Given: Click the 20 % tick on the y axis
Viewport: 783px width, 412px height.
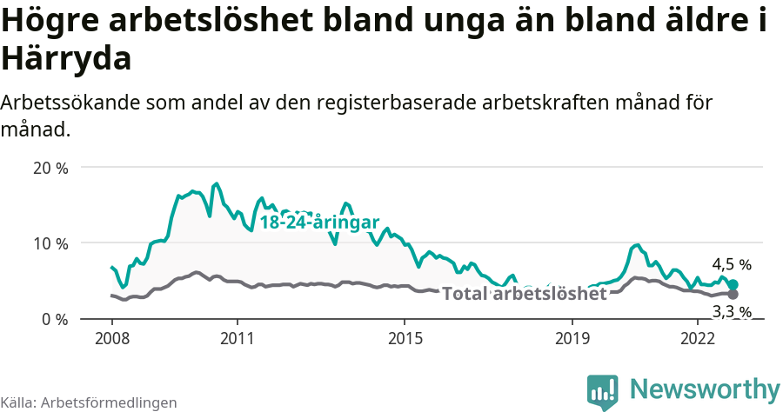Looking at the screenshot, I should tap(50, 168).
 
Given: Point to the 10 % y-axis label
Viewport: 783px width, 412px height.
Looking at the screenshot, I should tap(50, 243).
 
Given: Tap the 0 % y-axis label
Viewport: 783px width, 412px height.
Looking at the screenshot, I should tap(54, 319).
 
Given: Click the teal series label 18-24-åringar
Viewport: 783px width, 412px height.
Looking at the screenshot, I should tap(319, 223).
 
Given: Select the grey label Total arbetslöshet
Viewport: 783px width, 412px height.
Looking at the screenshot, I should tap(524, 294).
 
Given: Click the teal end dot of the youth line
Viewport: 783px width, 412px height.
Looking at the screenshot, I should tap(733, 284).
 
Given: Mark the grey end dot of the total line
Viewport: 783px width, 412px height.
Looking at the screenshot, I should tap(733, 294).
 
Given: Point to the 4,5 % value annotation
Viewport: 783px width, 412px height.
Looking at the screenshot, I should tap(731, 264).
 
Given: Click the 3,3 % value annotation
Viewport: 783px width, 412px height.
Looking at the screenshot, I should tap(731, 311).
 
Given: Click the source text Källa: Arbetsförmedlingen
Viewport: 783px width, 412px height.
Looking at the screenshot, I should tap(89, 402).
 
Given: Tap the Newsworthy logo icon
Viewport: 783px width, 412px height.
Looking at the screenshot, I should tap(602, 391).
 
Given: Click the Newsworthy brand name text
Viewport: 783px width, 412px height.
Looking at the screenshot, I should tap(705, 389).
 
